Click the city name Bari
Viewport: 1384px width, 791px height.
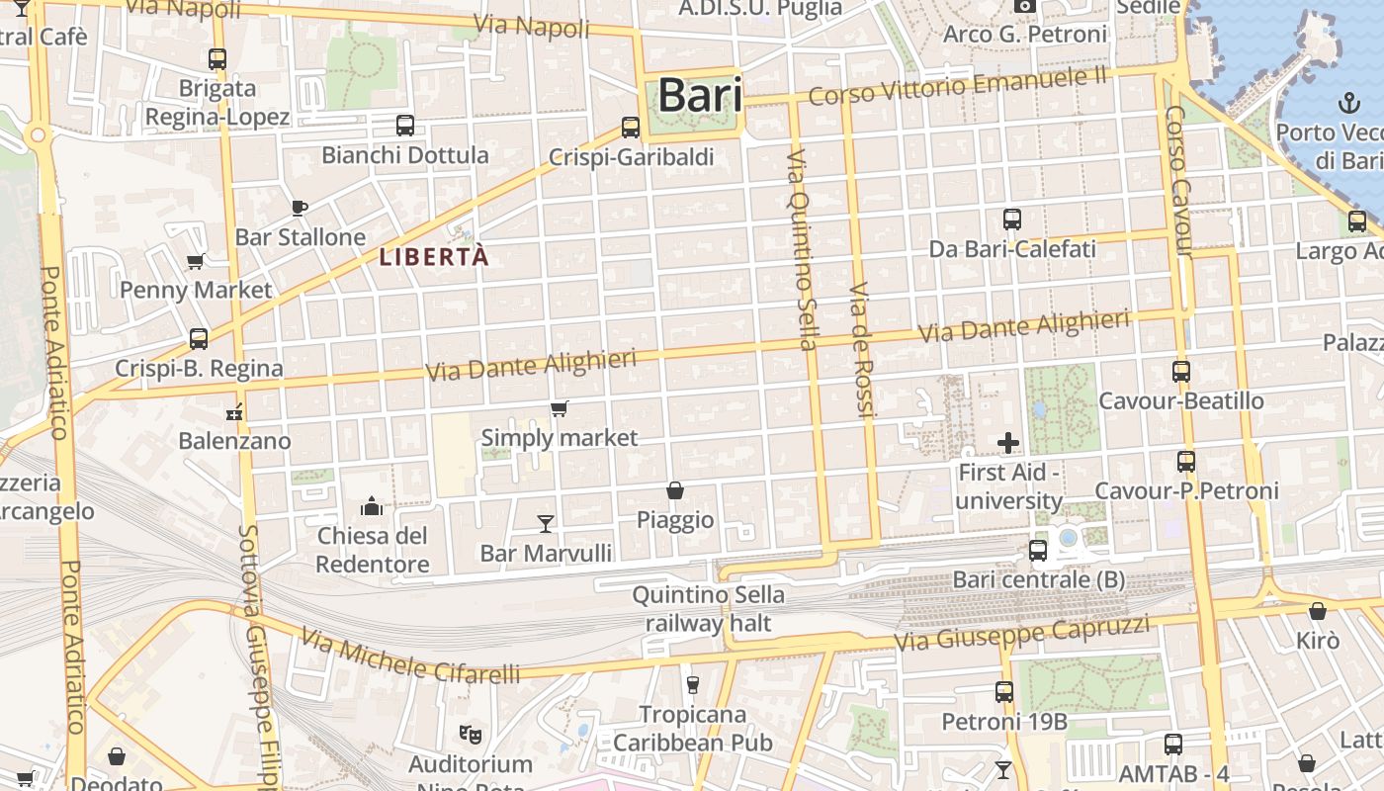700,96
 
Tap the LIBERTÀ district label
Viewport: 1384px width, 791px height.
434,257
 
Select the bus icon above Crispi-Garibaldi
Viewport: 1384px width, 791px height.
631,128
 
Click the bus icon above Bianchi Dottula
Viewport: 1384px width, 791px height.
405,126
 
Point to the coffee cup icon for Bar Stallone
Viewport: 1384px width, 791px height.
300,208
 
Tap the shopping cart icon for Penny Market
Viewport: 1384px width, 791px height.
196,261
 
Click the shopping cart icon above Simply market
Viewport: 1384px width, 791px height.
560,408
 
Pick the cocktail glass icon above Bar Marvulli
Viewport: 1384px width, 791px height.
545,523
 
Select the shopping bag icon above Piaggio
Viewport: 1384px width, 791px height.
675,490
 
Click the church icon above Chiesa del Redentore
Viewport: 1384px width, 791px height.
372,506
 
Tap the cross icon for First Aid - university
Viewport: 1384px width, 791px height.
1008,442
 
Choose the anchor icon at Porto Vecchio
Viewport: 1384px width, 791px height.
1348,103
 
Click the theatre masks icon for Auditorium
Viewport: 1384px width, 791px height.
471,735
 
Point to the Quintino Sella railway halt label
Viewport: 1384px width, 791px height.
708,609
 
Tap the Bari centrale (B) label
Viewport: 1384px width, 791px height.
1038,579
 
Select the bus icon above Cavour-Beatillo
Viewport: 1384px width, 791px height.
1181,372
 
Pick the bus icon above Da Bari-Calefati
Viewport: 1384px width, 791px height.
1012,220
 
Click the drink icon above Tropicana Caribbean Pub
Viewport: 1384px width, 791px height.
692,684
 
